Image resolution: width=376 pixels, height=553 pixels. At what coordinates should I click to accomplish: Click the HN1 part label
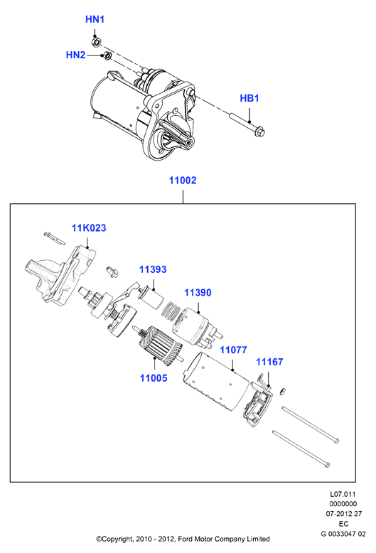point(95,19)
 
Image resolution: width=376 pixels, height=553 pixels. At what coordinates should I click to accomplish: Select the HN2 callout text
point(75,55)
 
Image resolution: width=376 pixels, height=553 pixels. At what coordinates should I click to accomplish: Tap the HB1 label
point(249,98)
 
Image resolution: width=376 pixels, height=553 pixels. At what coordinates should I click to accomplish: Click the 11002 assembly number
point(183,181)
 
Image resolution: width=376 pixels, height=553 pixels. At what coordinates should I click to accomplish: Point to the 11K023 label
point(89,228)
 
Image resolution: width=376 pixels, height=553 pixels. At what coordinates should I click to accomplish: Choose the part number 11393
point(153,269)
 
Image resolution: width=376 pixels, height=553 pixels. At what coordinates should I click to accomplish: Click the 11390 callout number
point(198,292)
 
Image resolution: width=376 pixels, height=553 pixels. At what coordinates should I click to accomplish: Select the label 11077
point(234,350)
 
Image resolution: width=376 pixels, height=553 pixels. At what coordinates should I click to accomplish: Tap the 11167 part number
point(269,362)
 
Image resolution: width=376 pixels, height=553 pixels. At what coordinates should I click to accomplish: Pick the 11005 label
point(154,378)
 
